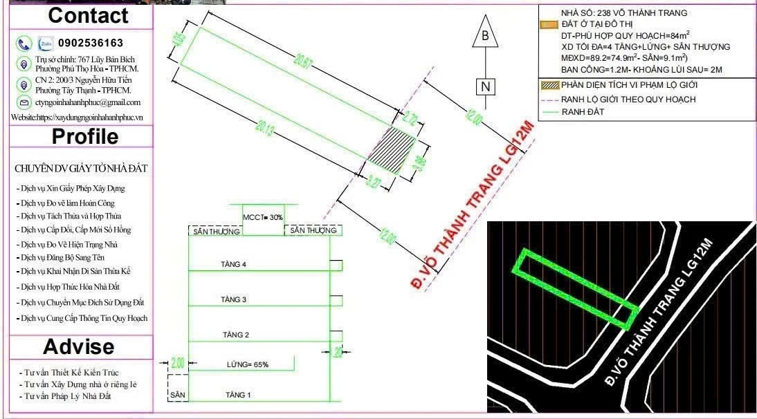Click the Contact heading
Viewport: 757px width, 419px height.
[88, 16]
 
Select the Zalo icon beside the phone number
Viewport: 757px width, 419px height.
[46, 43]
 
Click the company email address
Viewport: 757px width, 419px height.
[88, 102]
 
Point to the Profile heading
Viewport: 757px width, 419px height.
[84, 137]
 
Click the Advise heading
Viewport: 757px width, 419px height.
[78, 346]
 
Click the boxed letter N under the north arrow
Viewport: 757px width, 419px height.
[486, 86]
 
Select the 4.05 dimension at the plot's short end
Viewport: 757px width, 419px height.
[179, 40]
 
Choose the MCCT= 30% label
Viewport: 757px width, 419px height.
[263, 217]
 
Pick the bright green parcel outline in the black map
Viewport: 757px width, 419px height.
[574, 288]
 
